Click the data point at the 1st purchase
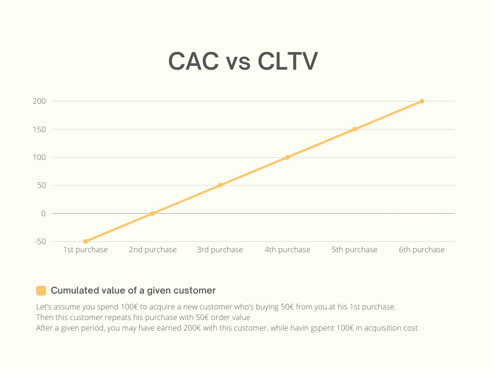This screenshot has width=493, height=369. pos(85,241)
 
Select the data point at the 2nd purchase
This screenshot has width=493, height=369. pos(153,213)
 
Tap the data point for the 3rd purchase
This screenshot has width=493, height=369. pos(220,185)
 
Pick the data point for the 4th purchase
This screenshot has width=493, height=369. pos(287,157)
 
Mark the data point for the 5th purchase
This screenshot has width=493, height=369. pos(354,129)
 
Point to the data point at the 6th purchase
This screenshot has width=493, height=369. pos(422,101)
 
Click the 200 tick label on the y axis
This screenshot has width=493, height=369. pos(39,101)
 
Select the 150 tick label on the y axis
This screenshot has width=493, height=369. pos(39,129)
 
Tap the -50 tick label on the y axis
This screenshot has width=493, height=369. pos(40,241)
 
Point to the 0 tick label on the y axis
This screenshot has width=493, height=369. pos(43,213)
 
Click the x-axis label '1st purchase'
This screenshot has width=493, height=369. pos(85,250)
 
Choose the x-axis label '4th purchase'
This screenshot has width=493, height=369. pos(287,250)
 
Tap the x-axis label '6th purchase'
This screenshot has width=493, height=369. pos(422,250)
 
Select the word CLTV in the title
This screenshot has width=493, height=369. pos(288,61)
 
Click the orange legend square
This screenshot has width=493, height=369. pos(41,291)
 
